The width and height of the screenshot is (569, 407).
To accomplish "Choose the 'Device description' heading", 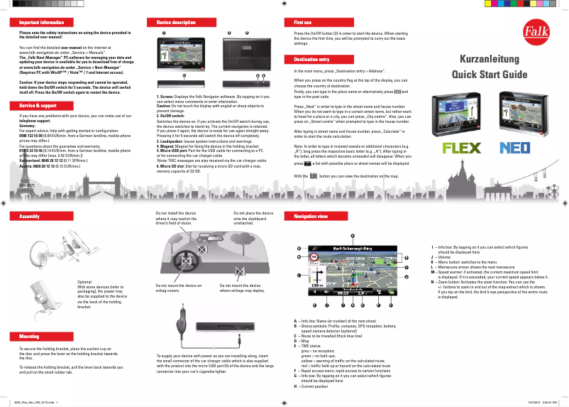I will point(176,23).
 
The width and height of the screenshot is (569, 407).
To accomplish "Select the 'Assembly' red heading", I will point(30,215).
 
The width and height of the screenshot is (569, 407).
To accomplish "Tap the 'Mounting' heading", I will point(30,336).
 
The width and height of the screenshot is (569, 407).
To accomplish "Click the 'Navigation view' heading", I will point(311,215).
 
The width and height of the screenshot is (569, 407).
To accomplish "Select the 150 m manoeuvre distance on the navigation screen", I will point(316,286).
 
